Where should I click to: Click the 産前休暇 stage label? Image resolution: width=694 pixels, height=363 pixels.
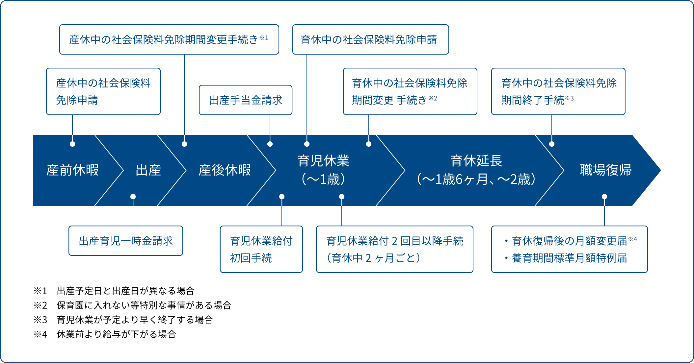tap(72, 170)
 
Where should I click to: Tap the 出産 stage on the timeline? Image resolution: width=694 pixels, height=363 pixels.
tap(148, 170)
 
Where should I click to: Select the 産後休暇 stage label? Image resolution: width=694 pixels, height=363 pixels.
tap(225, 170)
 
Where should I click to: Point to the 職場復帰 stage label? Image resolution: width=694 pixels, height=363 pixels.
tap(605, 170)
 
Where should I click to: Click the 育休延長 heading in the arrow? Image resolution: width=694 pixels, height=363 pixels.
tap(476, 161)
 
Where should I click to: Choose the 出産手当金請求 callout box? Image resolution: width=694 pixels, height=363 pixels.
tap(246, 100)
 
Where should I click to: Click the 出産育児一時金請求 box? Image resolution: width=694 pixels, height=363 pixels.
tap(126, 241)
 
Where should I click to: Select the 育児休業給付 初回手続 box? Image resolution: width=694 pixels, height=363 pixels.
tap(261, 249)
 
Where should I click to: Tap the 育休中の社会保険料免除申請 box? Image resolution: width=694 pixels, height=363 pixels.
tap(370, 39)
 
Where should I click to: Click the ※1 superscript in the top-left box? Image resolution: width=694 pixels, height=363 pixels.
tap(264, 38)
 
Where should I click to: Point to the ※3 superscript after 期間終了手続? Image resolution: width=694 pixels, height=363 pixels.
tap(569, 98)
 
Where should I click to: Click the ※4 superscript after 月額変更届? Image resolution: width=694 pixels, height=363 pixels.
tap(632, 239)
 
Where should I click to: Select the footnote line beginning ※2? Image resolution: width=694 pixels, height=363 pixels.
tap(132, 305)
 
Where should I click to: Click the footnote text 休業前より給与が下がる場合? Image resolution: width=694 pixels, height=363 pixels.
tap(116, 334)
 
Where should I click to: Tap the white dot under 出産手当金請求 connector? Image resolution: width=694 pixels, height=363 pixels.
tap(270, 144)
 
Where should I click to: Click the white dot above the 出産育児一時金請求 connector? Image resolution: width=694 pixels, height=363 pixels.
tap(133, 197)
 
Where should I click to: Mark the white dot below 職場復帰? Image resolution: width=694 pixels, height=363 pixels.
tap(604, 197)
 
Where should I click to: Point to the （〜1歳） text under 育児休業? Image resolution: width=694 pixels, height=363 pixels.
tap(323, 180)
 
